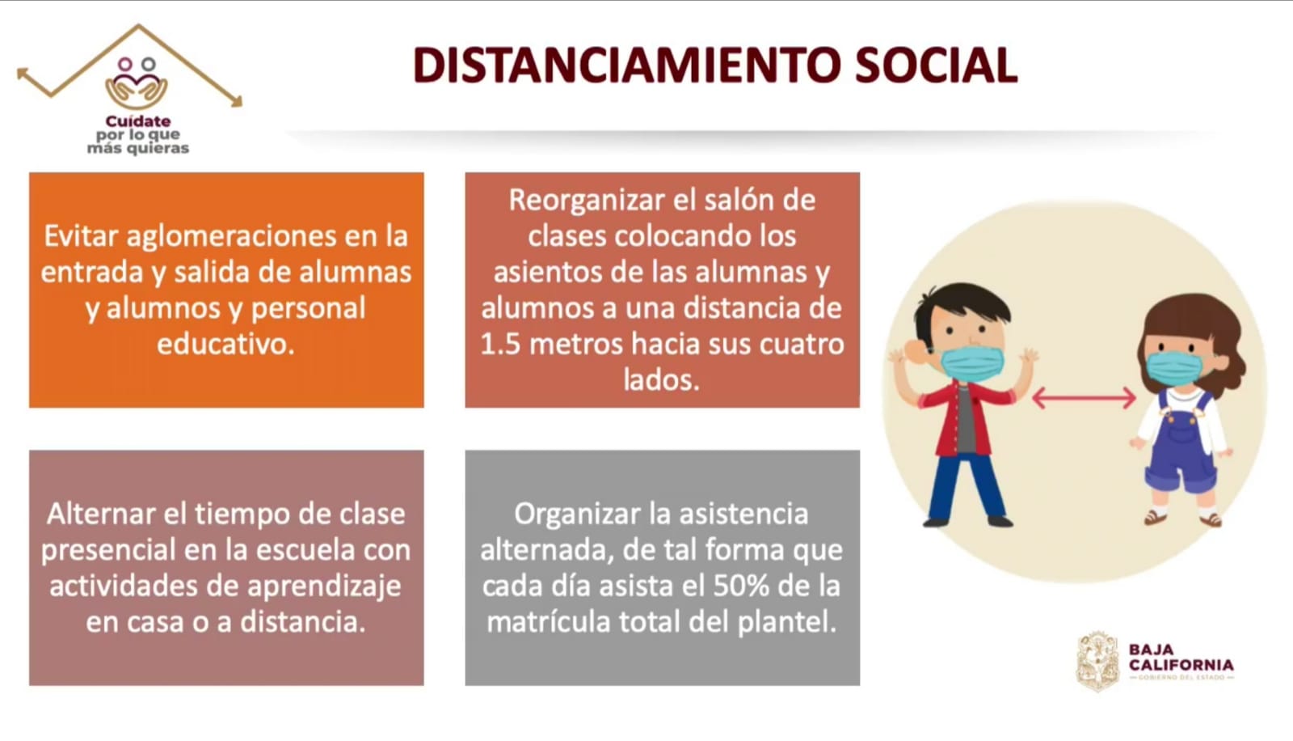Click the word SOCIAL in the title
(936, 66)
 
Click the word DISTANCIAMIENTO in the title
(627, 66)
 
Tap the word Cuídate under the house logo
(138, 121)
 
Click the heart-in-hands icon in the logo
(137, 84)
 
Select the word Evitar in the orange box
(81, 236)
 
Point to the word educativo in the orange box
(225, 344)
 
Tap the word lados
(662, 380)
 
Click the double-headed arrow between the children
(1084, 398)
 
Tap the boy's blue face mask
(972, 363)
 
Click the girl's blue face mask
(1173, 368)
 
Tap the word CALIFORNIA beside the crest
(1181, 665)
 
